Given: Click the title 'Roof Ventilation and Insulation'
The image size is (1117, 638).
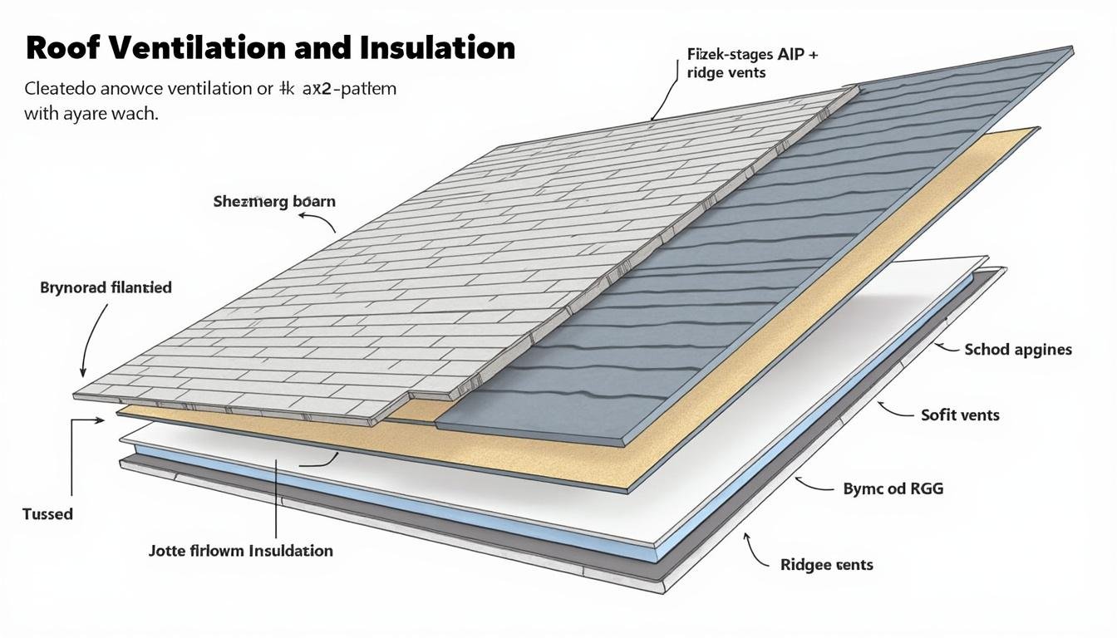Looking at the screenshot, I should pos(270,47).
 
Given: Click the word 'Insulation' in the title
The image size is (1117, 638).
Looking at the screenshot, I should pos(438,47).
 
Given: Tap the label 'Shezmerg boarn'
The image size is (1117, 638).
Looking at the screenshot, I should pos(274,201).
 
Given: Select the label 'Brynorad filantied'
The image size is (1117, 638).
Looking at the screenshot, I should pos(106,287).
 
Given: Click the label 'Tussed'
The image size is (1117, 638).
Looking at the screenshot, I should pos(47,514).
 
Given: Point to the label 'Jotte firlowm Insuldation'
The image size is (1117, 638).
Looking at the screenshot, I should pos(241,551).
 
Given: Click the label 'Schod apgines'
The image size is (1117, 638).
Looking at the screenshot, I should pos(1018,350).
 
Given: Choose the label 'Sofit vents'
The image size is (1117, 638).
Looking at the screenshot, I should pos(960,415).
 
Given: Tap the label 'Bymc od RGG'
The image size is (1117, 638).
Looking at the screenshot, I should pos(893,488).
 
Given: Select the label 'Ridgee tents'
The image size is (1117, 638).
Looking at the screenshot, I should pos(827,565).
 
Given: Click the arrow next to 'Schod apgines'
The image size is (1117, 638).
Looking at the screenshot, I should pos(945,347).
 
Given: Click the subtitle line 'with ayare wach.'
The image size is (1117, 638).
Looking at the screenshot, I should pos(91,113).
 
